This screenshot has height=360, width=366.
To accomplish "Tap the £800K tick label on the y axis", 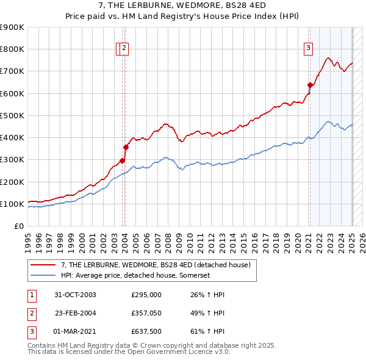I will click(x=12, y=49).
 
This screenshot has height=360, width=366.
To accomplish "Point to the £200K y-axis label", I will click(x=12, y=182).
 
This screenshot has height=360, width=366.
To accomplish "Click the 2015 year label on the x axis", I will click(x=243, y=239).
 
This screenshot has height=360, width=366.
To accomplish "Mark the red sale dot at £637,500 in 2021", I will click(x=310, y=85).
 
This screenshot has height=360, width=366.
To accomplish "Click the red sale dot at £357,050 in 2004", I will click(x=126, y=147).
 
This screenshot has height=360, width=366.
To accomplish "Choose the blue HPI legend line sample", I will click(x=43, y=276).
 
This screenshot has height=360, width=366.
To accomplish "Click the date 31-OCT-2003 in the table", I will click(x=75, y=295).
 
